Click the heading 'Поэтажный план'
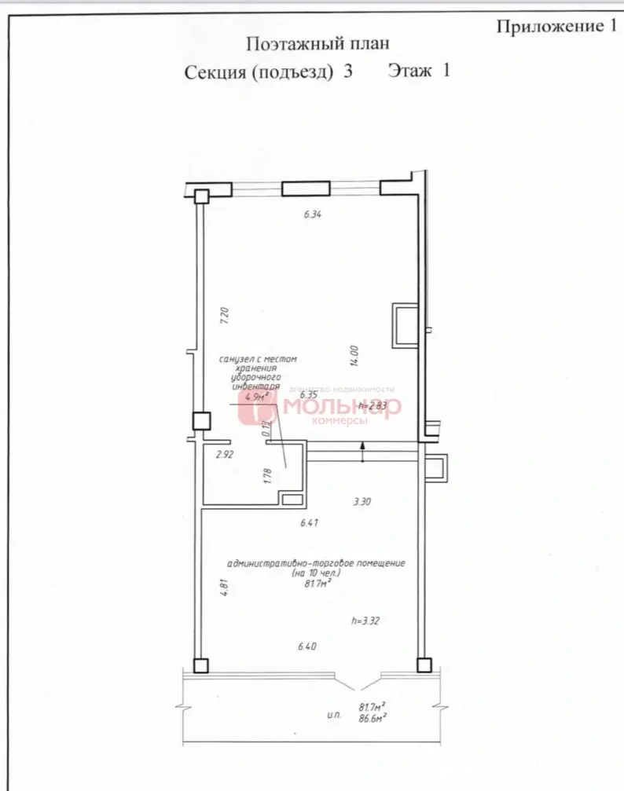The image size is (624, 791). (x=317, y=44)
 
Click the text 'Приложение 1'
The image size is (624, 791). (x=555, y=26)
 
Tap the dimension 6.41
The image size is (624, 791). (x=309, y=522)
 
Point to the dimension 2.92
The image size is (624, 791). (x=226, y=454)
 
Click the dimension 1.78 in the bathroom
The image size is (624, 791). (x=268, y=477)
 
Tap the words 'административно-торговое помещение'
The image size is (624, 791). (x=315, y=564)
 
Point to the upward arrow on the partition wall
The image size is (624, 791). (x=362, y=452)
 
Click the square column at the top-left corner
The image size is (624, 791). (x=202, y=196)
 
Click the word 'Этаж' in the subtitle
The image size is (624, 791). (x=409, y=71)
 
